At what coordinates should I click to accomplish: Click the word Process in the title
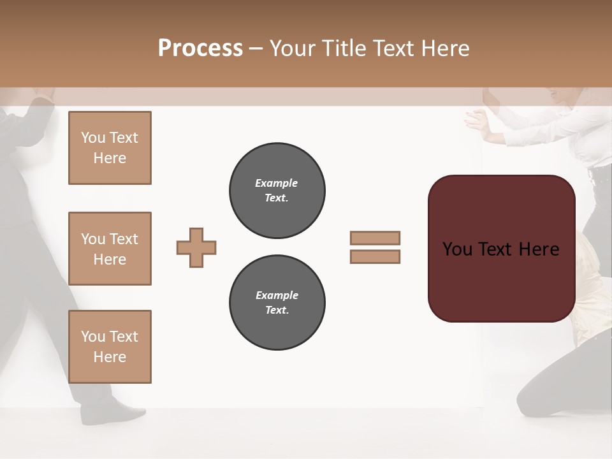(x=200, y=48)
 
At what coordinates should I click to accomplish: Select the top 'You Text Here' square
(x=110, y=148)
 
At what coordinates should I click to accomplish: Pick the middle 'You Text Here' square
(x=110, y=249)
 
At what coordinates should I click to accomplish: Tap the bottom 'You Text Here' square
(x=110, y=347)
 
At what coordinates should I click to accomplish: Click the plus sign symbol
(x=196, y=247)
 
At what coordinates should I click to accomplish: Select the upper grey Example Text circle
(x=277, y=190)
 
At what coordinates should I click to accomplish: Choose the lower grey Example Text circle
(x=277, y=302)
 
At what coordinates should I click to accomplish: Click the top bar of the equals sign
(x=375, y=238)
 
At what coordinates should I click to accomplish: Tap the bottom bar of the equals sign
(x=375, y=257)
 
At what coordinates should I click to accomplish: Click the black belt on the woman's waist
(x=599, y=173)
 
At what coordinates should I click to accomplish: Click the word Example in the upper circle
(x=277, y=183)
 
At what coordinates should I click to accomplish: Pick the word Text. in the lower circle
(x=277, y=310)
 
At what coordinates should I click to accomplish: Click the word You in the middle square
(x=92, y=239)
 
